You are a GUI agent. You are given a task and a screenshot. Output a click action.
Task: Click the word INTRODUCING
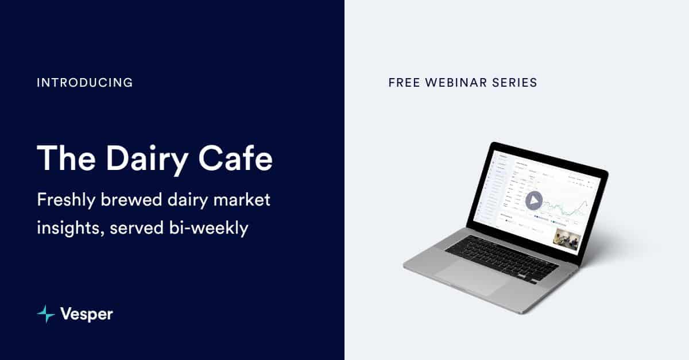pos(84,83)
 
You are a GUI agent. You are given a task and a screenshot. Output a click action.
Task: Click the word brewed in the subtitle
pos(135,200)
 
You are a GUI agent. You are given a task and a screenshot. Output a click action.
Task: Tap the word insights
pos(68,227)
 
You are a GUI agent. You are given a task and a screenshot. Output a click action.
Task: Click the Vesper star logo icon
pos(45,313)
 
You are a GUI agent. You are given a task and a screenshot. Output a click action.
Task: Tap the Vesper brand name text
pos(87,314)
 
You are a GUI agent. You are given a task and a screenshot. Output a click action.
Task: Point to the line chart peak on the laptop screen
pos(584,203)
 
